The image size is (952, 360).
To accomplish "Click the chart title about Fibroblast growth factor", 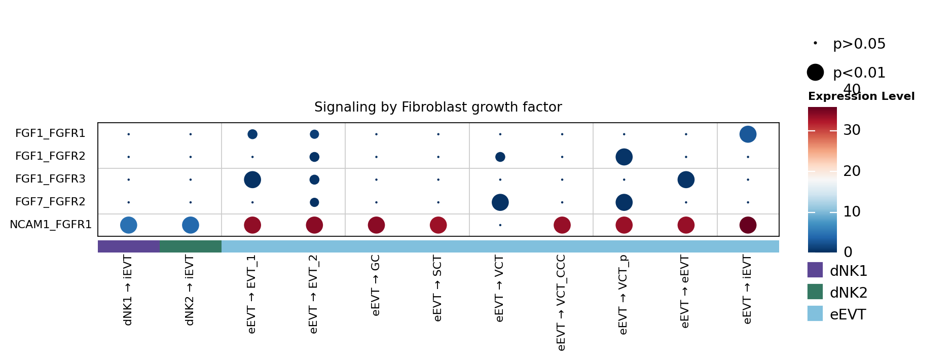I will pyautogui.click(x=438, y=107).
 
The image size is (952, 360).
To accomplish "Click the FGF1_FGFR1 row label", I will pyautogui.click(x=50, y=133).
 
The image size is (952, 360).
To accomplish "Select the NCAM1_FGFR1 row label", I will pyautogui.click(x=50, y=225).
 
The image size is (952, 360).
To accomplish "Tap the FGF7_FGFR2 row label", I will pyautogui.click(x=50, y=202).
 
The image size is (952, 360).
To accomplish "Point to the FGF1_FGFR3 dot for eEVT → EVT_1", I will pyautogui.click(x=252, y=179).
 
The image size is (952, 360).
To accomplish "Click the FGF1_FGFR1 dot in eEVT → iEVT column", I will pyautogui.click(x=748, y=134).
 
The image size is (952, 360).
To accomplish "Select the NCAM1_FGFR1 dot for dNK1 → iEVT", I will pyautogui.click(x=129, y=225).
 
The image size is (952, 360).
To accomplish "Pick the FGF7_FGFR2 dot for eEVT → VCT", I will pyautogui.click(x=500, y=202).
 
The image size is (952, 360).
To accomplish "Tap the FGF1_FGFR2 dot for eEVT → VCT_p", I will pyautogui.click(x=624, y=157).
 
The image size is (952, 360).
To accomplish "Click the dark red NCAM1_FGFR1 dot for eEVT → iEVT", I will pyautogui.click(x=748, y=225).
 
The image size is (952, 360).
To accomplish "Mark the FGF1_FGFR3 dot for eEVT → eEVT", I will pyautogui.click(x=686, y=179).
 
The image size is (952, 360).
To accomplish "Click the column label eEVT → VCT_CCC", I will pyautogui.click(x=561, y=303).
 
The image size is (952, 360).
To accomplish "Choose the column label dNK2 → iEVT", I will pyautogui.click(x=190, y=291).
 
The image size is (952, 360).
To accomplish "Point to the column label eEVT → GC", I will pyautogui.click(x=376, y=285).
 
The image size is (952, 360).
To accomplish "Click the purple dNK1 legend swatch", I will pyautogui.click(x=815, y=270).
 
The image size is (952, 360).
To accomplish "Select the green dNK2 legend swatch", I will pyautogui.click(x=815, y=292).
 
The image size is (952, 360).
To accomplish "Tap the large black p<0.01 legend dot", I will pyautogui.click(x=815, y=73).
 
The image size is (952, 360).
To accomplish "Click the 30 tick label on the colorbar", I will pyautogui.click(x=852, y=130).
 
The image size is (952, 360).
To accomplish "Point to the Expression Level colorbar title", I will pyautogui.click(x=861, y=96).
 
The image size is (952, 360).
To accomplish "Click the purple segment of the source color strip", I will pyautogui.click(x=129, y=246).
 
